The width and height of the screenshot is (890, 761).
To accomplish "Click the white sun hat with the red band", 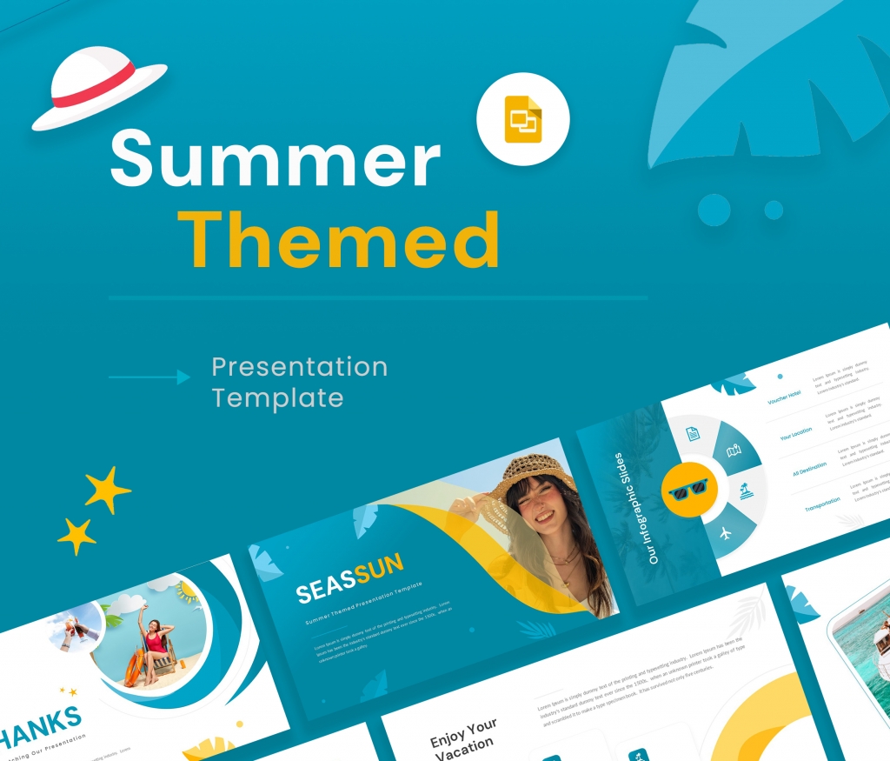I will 97,86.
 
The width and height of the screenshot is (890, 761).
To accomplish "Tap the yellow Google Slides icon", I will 523,119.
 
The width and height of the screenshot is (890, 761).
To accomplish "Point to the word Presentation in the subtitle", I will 299,366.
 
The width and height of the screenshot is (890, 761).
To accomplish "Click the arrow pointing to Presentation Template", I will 149,377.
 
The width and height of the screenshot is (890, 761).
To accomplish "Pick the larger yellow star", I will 107,490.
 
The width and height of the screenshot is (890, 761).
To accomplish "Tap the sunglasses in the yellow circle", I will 687,491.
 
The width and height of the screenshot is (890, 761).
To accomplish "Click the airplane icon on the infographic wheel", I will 723,532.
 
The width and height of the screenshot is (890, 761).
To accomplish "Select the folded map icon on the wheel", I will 732,451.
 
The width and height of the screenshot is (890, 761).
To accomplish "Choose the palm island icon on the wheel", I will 746,491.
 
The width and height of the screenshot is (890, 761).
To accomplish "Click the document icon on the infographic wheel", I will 692,434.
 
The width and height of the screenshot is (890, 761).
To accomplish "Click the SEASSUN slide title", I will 349,579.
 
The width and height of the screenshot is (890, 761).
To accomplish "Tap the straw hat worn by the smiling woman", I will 532,475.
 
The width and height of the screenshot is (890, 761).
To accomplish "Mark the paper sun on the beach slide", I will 188,595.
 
